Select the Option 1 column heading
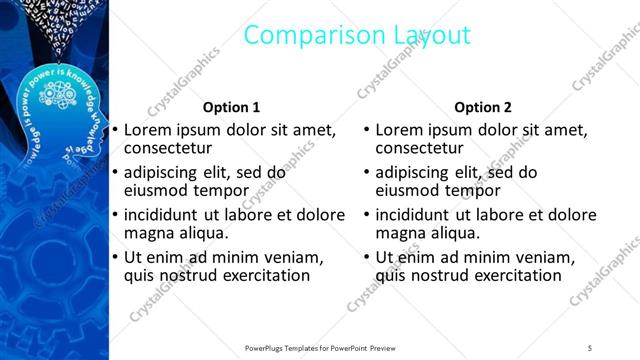coord(231,107)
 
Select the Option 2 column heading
coord(482,107)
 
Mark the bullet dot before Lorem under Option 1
coord(115,130)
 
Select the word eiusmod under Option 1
coord(157,190)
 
